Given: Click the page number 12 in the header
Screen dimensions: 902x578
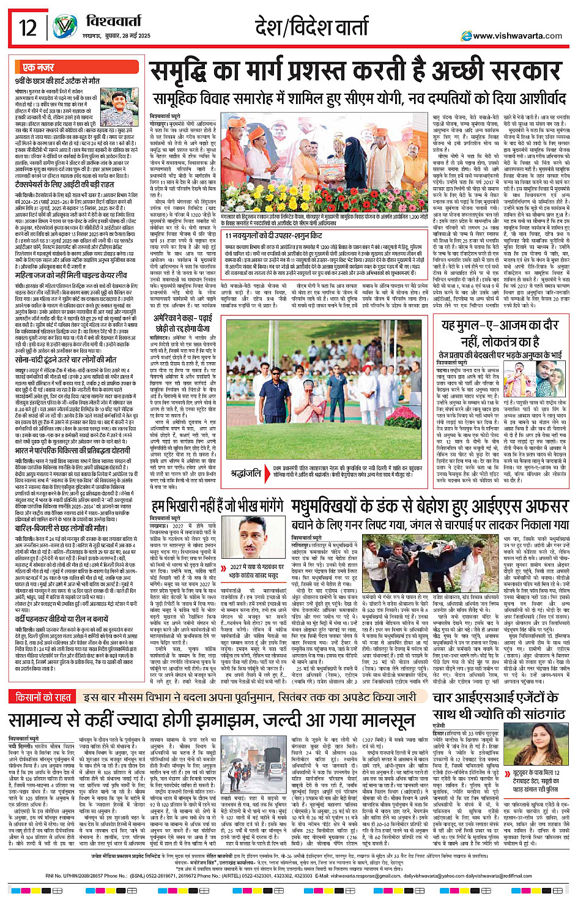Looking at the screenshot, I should coord(28,27).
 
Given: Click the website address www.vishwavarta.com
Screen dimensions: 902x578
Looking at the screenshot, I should coord(517,35).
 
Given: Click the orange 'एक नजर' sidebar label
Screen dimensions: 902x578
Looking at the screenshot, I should coord(39,67).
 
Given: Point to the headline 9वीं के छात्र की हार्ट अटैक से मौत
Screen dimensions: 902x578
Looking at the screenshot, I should coord(57,81).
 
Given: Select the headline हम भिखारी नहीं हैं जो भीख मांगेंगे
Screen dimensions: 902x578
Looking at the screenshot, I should coord(217,506).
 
